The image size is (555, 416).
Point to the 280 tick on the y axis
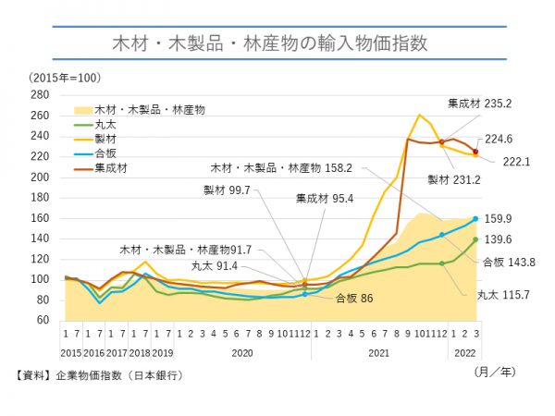[x=40, y=94]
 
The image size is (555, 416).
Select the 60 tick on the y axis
[x=43, y=320]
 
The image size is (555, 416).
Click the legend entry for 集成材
[x=110, y=167]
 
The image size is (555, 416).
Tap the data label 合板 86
[x=353, y=298]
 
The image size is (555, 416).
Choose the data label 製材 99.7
[x=228, y=189]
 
